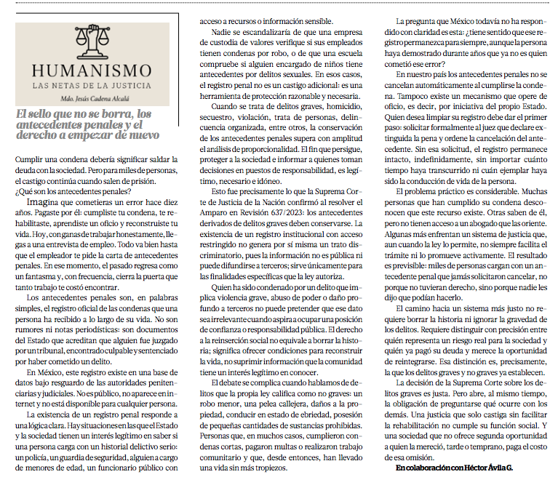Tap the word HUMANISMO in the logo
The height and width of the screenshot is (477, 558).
91,72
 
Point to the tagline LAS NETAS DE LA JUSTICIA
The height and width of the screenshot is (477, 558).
91,87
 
